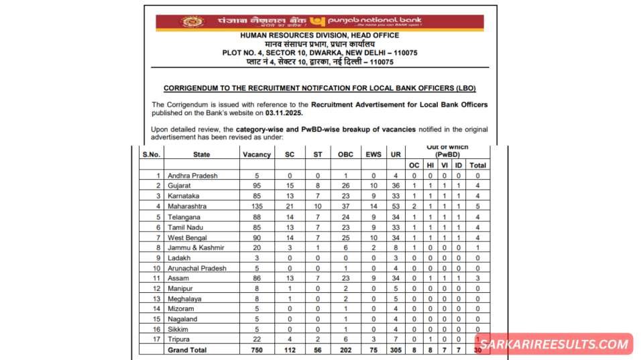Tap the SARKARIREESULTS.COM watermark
pos(556,344)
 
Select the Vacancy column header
pos(257,154)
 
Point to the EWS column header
pos(373,154)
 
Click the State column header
pos(201,154)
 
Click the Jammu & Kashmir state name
pos(196,247)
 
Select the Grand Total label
pos(188,350)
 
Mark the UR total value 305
pos(396,350)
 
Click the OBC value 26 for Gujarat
pos(345,185)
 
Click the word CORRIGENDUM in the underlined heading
pos(194,88)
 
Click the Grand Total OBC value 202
pos(345,350)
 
